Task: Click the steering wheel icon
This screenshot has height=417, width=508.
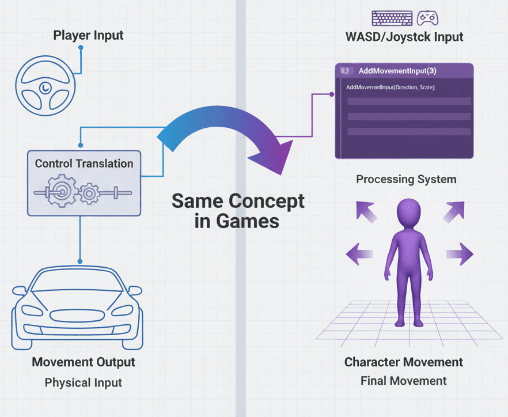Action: [x=46, y=86]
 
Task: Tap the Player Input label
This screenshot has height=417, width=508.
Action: [x=88, y=36]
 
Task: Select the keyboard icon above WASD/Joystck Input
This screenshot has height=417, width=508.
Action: [x=392, y=18]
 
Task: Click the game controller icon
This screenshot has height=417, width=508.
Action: [x=427, y=18]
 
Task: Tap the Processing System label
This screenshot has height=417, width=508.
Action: [x=406, y=179]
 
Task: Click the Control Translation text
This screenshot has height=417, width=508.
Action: [x=84, y=163]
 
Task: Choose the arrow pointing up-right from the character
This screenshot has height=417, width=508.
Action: [x=454, y=211]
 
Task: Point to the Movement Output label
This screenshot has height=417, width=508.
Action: [x=84, y=362]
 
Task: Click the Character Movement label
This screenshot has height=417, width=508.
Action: [x=403, y=362]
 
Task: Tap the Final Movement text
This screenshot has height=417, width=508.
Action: [x=403, y=381]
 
